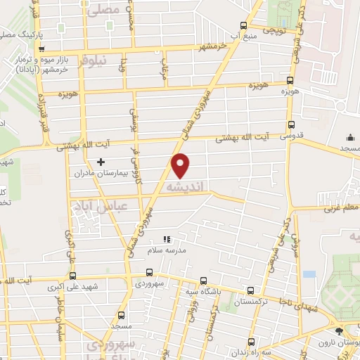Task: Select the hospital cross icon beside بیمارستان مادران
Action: (x=101, y=162)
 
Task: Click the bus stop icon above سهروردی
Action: (x=149, y=272)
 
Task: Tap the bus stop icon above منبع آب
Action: (x=243, y=24)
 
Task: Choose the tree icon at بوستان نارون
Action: (x=340, y=331)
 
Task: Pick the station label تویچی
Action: (x=274, y=32)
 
